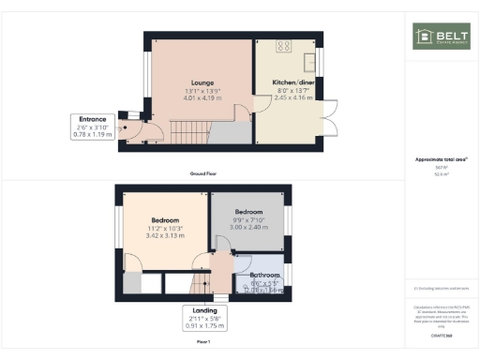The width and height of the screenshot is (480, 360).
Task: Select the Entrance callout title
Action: [91, 120]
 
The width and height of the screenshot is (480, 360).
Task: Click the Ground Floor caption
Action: [203, 173]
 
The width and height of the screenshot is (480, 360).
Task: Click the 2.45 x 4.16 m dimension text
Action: [290, 97]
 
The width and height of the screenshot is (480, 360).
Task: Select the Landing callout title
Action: [204, 310]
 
